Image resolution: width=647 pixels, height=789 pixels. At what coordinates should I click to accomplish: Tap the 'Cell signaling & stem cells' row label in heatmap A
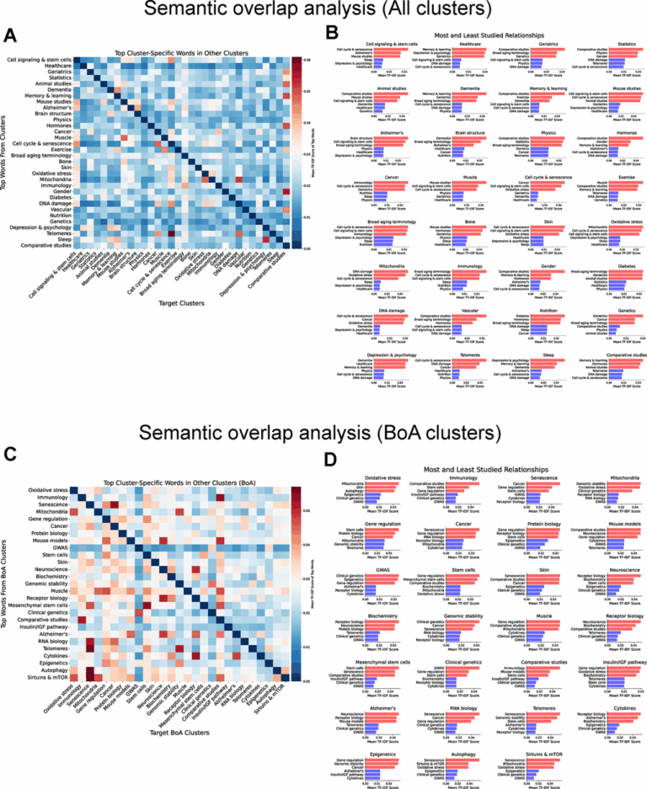pos(39,60)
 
